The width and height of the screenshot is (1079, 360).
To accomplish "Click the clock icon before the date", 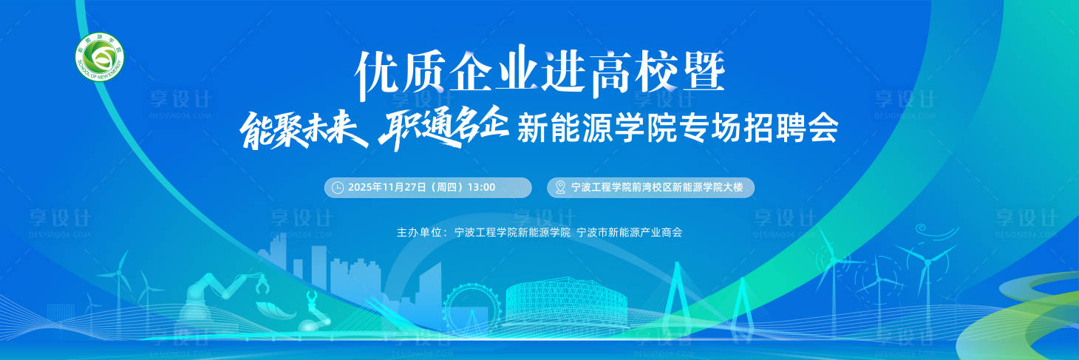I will [338, 188].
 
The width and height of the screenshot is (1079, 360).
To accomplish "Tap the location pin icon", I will [560, 188].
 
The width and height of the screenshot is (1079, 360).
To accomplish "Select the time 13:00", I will [481, 188].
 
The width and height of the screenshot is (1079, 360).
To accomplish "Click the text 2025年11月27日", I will [387, 188].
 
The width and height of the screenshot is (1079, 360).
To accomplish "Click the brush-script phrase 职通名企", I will [442, 130].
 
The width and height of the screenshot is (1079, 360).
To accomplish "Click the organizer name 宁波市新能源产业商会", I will [629, 232].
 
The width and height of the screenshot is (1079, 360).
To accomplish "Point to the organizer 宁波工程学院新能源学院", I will [513, 232].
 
